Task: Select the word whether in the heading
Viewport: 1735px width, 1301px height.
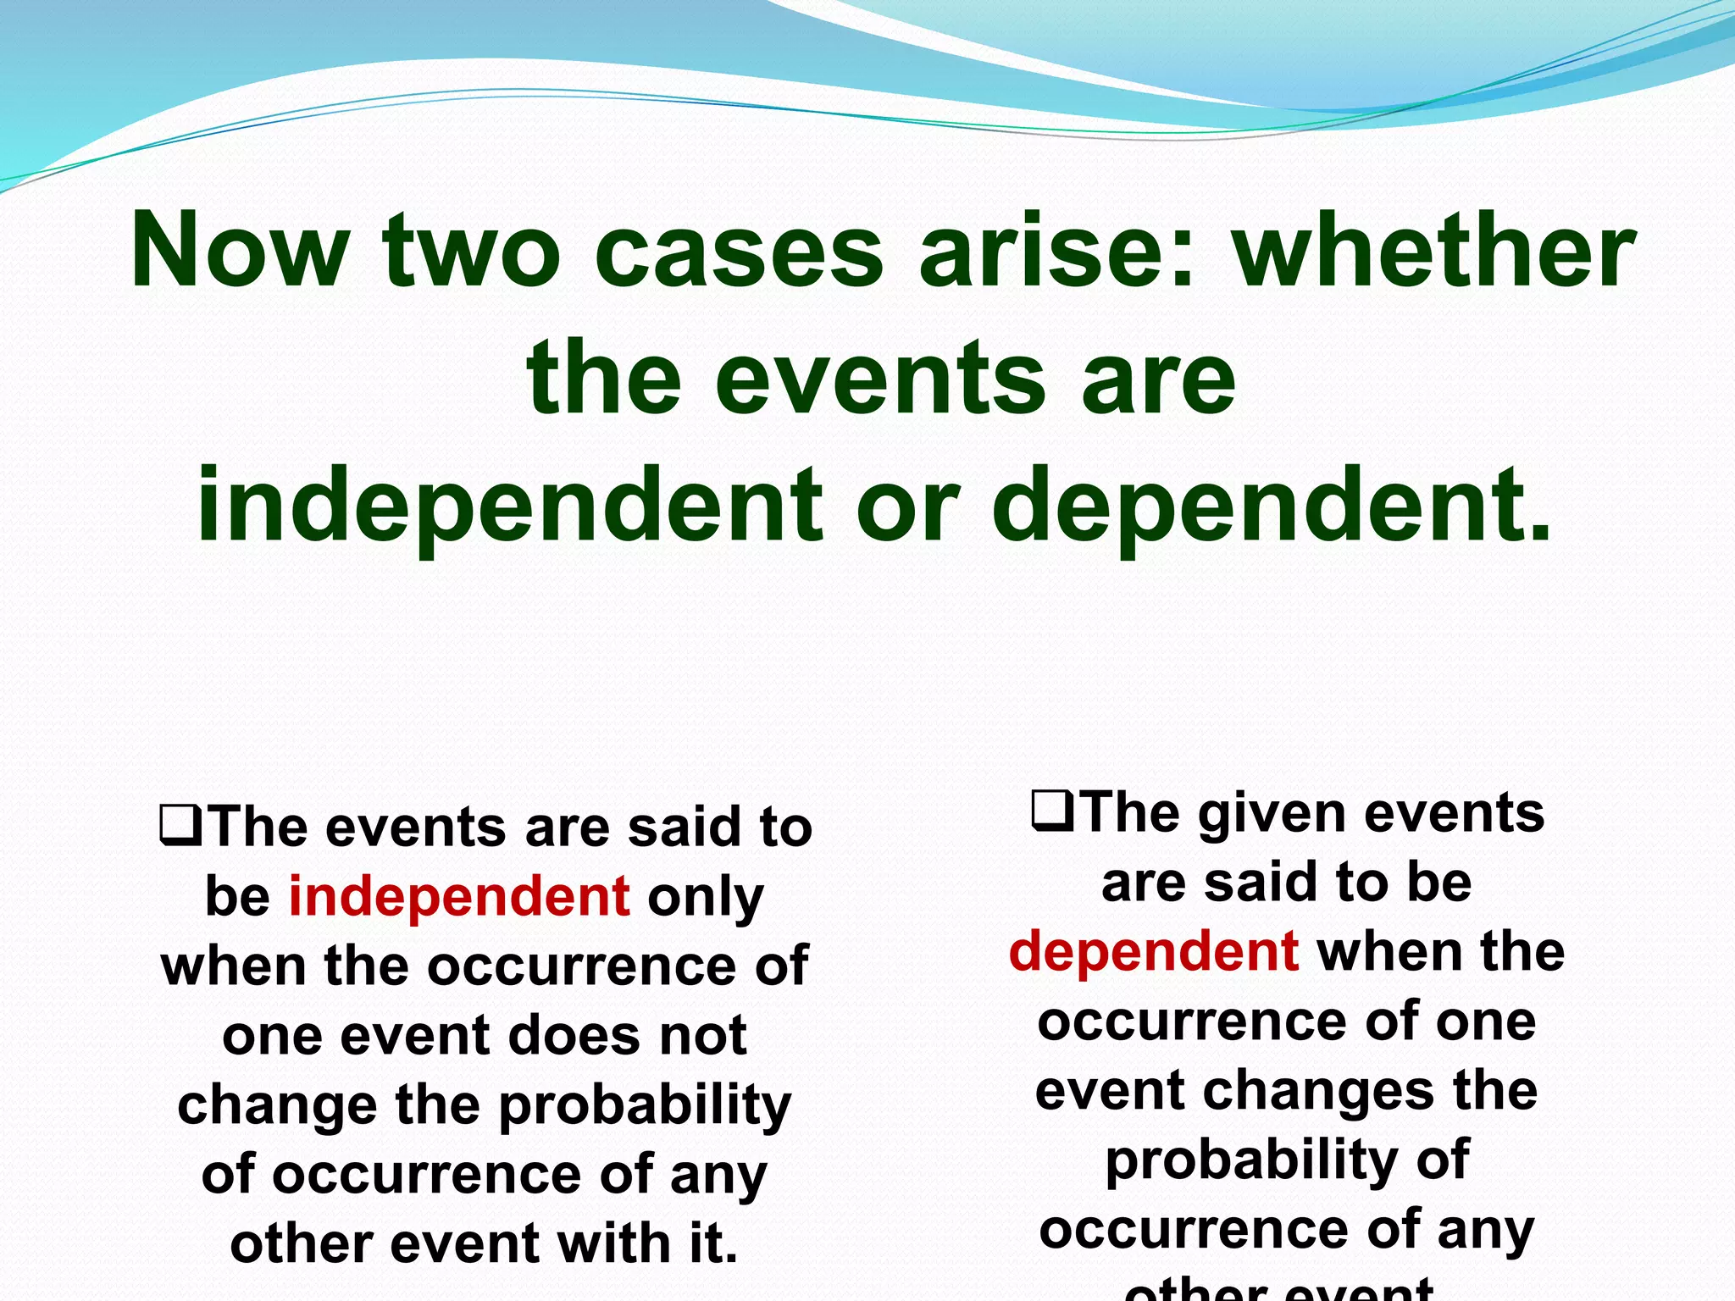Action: tap(1433, 251)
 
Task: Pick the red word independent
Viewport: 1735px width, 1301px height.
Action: tap(459, 896)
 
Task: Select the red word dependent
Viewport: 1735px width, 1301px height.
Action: tap(1154, 950)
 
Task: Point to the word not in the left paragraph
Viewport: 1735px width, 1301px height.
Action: tap(703, 1035)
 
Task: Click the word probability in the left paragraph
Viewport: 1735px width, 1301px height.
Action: tap(644, 1106)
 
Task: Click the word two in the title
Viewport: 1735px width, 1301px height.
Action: tap(471, 251)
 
